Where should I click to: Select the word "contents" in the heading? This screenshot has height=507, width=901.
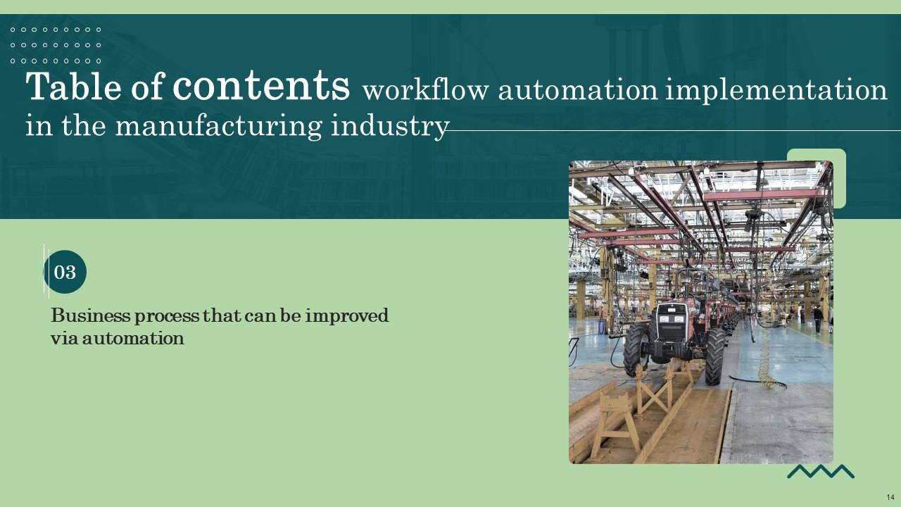[261, 86]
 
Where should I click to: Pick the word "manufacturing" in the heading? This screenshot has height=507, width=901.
[218, 127]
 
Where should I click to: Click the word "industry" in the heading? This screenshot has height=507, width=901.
[389, 127]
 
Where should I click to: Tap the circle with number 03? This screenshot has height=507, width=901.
[65, 272]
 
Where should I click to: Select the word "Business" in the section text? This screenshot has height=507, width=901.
[90, 315]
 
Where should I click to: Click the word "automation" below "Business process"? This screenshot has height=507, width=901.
[133, 338]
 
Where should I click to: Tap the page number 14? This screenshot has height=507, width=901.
[890, 497]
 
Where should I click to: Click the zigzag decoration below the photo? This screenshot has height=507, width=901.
[820, 471]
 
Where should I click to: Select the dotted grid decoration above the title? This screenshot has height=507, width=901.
[56, 45]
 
